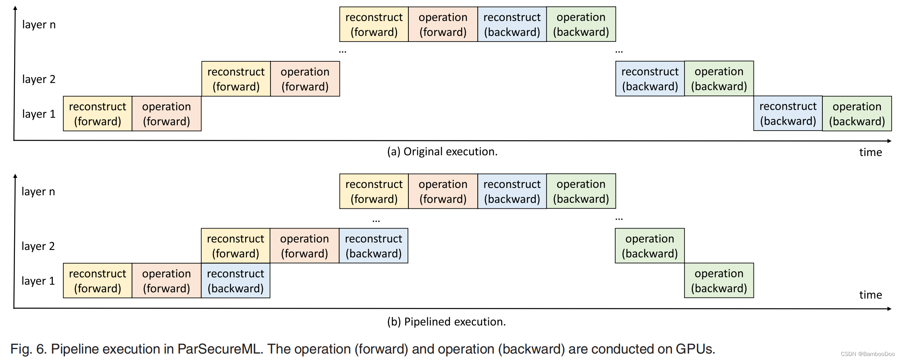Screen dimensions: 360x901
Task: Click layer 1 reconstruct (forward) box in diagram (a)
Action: [98, 114]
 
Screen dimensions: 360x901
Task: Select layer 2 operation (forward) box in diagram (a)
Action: [305, 79]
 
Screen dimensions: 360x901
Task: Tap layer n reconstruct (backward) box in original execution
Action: [512, 24]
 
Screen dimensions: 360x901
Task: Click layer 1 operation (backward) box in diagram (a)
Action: [857, 114]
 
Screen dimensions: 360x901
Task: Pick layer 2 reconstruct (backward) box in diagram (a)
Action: [650, 79]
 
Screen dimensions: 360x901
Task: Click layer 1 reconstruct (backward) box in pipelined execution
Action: [235, 281]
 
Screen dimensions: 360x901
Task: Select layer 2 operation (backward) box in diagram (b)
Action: [649, 246]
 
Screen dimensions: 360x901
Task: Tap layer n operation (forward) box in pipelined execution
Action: [443, 191]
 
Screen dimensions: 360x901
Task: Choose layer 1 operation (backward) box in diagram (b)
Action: [719, 281]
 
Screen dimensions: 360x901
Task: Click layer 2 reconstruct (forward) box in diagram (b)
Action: [235, 246]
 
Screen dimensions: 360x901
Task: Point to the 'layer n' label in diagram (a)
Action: [39, 25]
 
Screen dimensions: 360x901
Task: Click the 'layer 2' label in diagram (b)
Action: [38, 246]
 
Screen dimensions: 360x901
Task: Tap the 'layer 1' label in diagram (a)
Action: [39, 114]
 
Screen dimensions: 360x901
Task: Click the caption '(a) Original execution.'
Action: [442, 152]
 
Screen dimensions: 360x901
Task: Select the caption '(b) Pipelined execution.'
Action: [446, 322]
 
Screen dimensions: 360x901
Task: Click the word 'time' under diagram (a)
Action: [870, 152]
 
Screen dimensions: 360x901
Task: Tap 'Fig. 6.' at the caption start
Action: [28, 349]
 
